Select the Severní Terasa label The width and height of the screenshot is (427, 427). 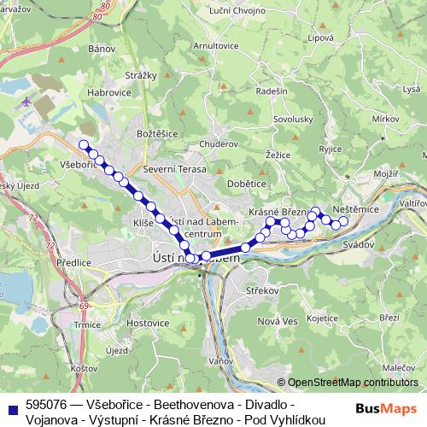[175, 170]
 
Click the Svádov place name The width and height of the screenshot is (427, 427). [358, 244]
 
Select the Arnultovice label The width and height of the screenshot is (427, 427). [216, 45]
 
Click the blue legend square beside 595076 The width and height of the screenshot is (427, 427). [10, 404]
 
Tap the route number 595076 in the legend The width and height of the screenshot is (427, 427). [47, 403]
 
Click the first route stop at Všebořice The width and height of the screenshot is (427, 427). [83, 145]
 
